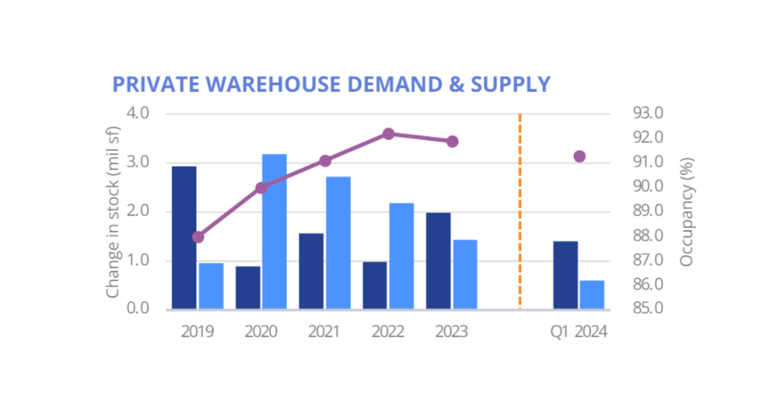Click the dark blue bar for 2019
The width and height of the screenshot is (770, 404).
point(184,237)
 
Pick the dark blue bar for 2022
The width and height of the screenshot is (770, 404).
point(375,285)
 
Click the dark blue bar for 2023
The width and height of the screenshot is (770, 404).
point(438,261)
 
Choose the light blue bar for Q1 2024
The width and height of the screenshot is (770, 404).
point(592,295)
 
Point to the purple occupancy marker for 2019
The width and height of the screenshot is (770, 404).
point(198,237)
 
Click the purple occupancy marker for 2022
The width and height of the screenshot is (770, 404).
point(388,134)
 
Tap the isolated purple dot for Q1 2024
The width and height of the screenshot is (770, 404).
point(579,156)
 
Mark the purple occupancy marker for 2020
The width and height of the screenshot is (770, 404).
point(261,188)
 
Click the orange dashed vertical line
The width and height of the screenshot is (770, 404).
point(519,212)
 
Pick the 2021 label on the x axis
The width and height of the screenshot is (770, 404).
point(325,332)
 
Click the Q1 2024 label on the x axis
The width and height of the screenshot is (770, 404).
point(578,332)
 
